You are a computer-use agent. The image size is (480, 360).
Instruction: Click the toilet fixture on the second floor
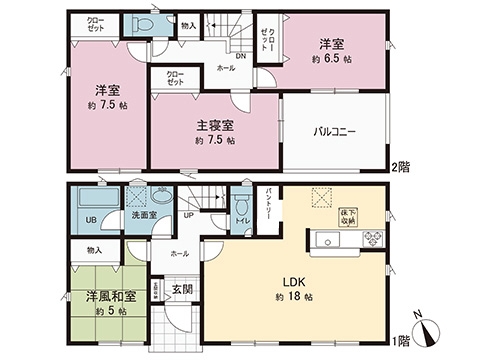coord(144,25)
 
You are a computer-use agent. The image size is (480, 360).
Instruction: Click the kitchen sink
coord(329,240)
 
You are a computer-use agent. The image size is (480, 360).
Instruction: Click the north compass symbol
coord(428,326)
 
